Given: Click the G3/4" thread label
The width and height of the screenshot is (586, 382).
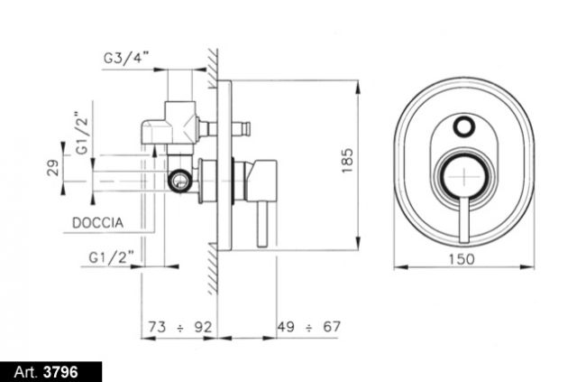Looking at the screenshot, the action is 126,58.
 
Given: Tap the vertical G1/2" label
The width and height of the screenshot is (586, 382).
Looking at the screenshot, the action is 82,133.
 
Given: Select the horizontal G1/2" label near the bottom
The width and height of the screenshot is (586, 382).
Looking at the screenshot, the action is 111,257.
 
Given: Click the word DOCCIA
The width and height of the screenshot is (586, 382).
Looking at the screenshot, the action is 97,223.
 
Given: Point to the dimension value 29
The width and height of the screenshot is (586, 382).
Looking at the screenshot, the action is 53,168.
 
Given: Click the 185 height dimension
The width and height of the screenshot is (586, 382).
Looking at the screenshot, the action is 347,161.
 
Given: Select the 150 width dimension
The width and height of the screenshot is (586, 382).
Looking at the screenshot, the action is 462,259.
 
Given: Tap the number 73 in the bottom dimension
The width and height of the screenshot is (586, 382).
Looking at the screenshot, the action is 157,327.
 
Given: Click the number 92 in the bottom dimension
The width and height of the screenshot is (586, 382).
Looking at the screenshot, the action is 203,327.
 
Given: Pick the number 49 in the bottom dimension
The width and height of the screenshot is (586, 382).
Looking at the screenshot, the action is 286,327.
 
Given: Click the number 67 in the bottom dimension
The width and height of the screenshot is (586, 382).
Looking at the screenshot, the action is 332,327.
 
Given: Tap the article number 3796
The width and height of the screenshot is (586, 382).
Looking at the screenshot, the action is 60,372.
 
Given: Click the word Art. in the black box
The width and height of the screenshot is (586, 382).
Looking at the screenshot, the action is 26,372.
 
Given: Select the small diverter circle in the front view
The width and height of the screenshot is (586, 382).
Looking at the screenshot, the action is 463,126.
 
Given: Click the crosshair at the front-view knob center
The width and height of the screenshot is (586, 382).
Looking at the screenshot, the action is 463,176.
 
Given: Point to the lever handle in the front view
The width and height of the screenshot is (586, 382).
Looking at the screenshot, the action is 463,220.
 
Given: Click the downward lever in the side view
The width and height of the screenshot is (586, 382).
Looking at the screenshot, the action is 261,224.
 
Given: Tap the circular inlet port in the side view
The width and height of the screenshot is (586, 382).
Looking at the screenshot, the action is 181,181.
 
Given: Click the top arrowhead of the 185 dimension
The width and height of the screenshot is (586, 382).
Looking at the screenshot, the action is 358,87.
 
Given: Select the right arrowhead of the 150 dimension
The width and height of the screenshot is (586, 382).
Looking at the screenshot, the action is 527,266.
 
